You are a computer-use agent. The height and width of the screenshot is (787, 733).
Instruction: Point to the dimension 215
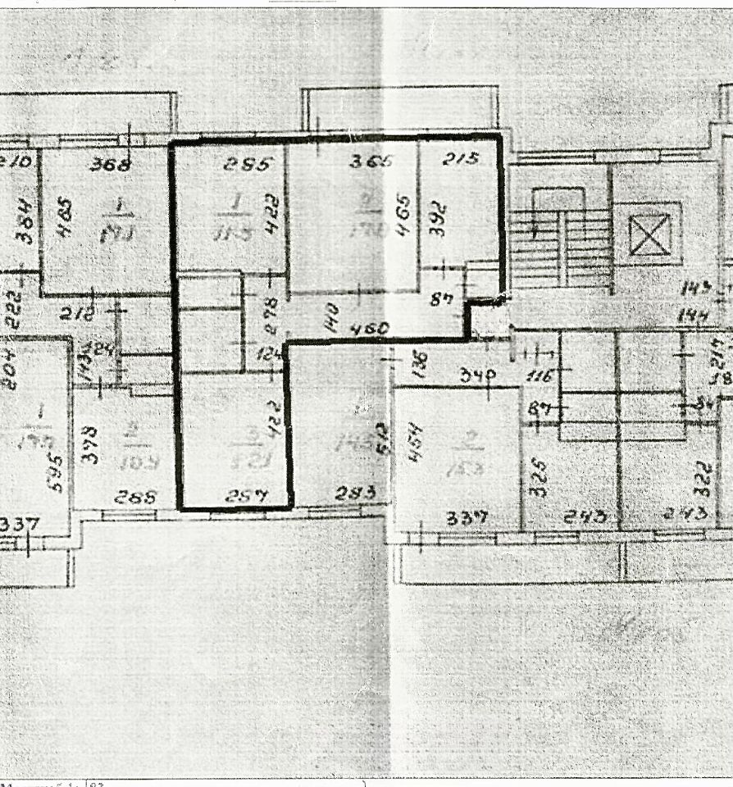coord(460,161)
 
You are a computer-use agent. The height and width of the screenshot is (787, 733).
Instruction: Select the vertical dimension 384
coord(24,222)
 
